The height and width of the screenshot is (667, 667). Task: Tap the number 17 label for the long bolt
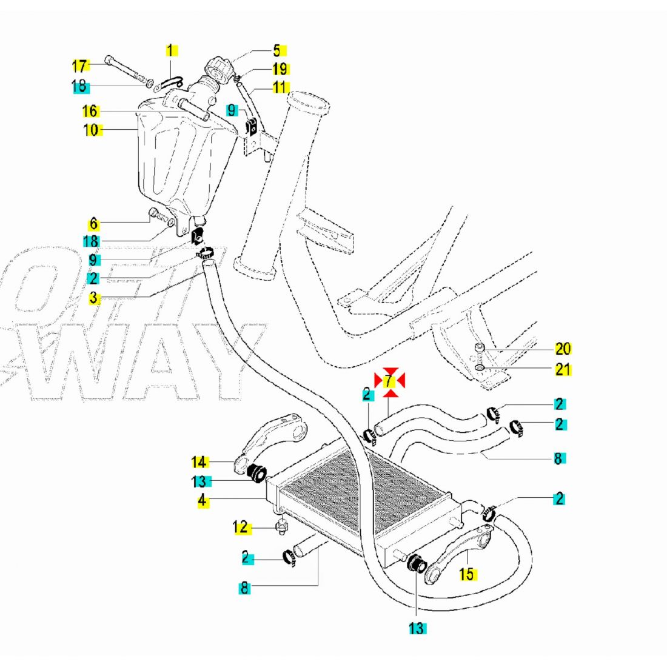point(79,65)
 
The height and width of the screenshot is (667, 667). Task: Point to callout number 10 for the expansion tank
point(92,129)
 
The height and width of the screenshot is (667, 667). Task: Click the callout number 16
point(90,112)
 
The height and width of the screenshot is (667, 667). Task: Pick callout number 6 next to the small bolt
point(94,223)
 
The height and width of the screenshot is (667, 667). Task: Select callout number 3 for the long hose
point(93,297)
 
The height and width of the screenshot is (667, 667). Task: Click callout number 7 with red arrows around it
point(390,381)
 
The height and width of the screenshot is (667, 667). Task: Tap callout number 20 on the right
point(563,349)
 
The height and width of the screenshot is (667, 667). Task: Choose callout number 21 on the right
point(563,369)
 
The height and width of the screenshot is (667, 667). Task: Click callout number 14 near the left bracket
point(199,462)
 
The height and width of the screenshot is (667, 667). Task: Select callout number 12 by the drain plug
point(240,528)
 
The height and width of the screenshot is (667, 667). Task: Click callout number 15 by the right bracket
point(467,574)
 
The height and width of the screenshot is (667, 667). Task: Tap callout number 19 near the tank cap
point(280,69)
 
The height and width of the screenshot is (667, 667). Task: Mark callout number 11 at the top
point(280,87)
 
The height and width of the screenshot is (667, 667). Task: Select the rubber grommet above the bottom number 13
point(416,563)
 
